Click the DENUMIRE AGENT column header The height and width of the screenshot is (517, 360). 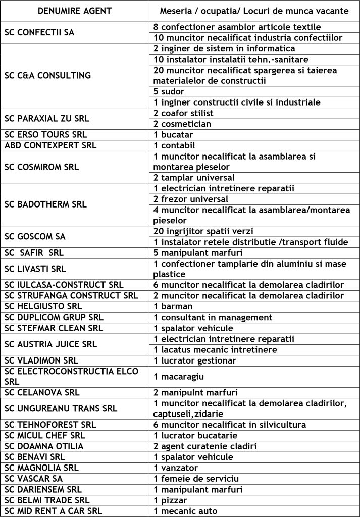pyautogui.click(x=75, y=11)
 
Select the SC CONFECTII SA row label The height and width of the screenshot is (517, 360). pyautogui.click(x=39, y=32)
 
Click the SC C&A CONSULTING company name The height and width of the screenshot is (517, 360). pyautogui.click(x=48, y=76)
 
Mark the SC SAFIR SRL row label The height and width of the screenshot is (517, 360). pyautogui.click(x=35, y=253)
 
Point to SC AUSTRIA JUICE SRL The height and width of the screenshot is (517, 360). pyautogui.click(x=50, y=344)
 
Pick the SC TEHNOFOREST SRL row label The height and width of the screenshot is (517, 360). pyautogui.click(x=50, y=425)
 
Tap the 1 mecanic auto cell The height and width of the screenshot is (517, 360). pyautogui.click(x=185, y=511)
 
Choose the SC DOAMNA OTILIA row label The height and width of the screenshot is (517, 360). pyautogui.click(x=44, y=446)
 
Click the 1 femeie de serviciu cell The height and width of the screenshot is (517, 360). pyautogui.click(x=196, y=478)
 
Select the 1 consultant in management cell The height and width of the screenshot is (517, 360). pyautogui.click(x=213, y=317)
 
